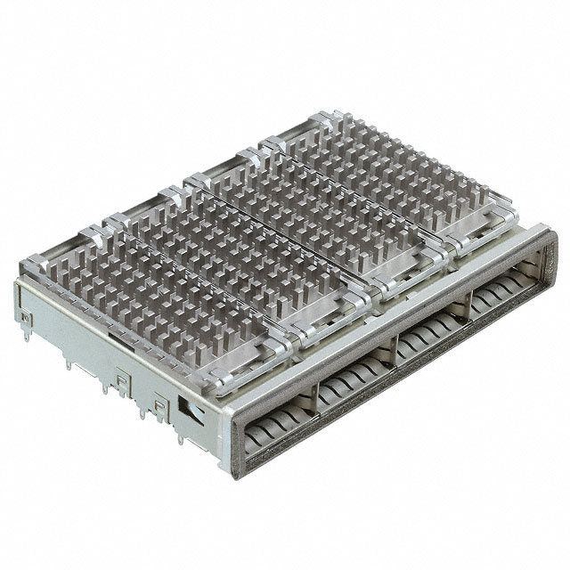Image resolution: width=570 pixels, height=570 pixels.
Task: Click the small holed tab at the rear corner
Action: click(26, 316)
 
